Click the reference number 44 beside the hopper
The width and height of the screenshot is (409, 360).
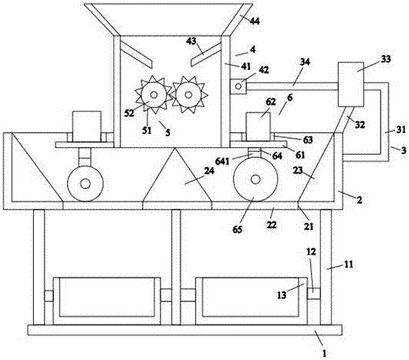255,21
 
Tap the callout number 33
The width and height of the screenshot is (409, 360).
386,59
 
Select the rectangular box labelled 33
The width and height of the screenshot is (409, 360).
350,84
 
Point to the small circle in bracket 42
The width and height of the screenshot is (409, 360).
238,86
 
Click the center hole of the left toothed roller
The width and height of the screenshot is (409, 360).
154,95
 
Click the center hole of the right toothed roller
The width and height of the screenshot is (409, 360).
188,95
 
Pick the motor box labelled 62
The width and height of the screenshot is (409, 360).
259,126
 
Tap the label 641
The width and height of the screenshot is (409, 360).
222,162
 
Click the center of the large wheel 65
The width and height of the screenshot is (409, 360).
255,179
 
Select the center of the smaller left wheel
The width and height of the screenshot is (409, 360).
85,184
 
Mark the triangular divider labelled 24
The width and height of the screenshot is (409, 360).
176,178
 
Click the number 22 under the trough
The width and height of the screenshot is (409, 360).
272,224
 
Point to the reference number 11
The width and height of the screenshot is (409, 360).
349,264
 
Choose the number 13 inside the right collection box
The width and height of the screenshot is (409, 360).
282,295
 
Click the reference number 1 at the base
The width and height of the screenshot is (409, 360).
324,354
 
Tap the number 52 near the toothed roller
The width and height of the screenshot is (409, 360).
129,113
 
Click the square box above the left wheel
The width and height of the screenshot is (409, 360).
87,126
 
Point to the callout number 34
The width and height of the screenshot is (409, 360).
305,62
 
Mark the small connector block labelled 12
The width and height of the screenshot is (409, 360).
313,294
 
